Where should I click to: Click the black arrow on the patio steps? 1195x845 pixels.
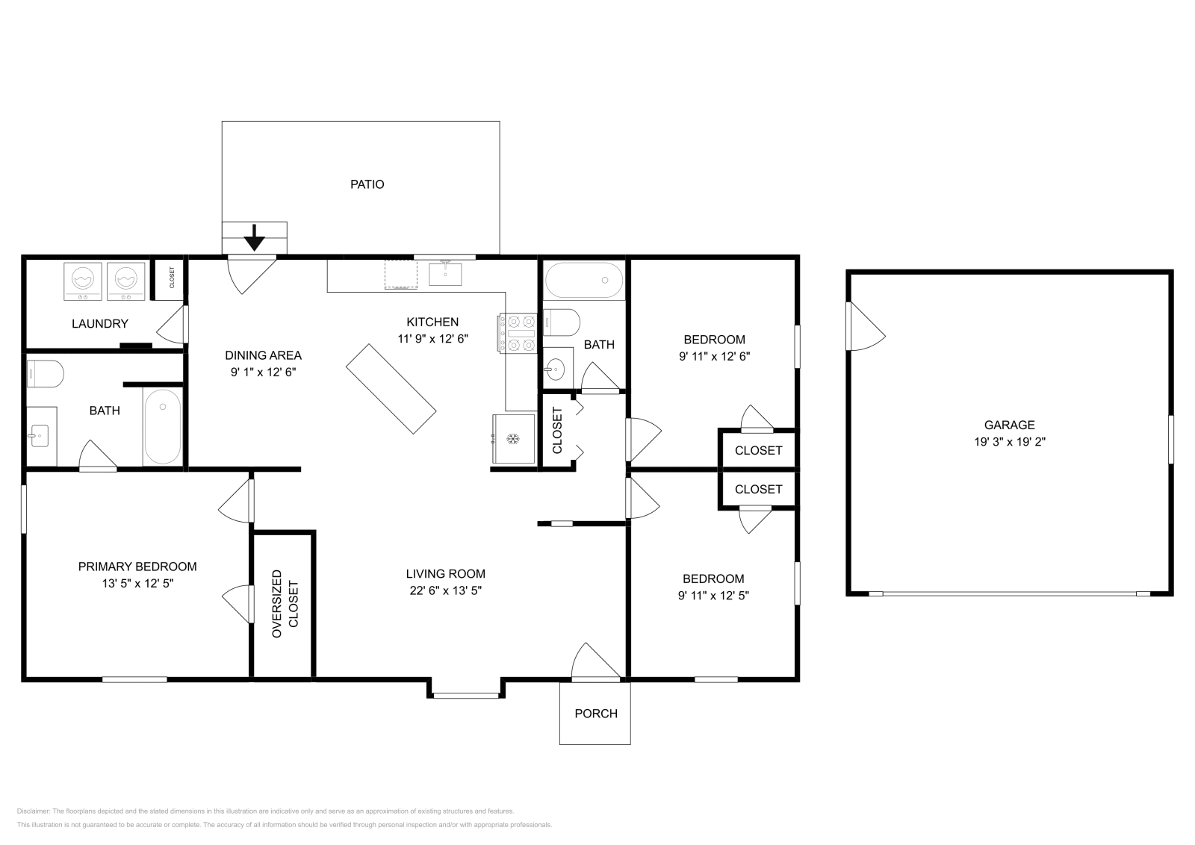click(x=255, y=237)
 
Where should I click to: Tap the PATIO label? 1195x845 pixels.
click(x=367, y=184)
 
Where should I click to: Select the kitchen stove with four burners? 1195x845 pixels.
click(x=518, y=333)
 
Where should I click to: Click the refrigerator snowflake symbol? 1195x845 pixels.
click(x=512, y=439)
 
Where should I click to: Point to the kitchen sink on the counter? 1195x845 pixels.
click(x=445, y=273)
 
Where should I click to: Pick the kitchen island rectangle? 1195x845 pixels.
click(x=391, y=389)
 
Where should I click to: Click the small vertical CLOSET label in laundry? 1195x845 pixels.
click(x=172, y=278)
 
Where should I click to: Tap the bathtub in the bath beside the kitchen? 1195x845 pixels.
click(x=584, y=281)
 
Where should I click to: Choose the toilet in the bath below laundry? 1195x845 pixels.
click(x=46, y=374)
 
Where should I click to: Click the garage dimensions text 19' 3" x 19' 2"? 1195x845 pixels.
click(x=1009, y=442)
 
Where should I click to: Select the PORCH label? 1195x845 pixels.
click(x=596, y=714)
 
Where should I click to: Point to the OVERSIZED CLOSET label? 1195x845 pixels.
click(x=285, y=603)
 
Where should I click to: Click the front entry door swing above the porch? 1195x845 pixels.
click(x=596, y=661)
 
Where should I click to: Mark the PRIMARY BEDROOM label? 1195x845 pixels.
click(x=137, y=567)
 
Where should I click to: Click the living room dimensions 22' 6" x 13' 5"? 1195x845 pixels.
click(x=445, y=590)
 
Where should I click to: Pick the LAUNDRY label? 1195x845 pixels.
click(x=100, y=324)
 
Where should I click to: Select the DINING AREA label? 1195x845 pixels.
click(x=263, y=355)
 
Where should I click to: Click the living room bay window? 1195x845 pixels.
click(x=466, y=695)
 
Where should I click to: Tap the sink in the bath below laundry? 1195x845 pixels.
click(x=40, y=435)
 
